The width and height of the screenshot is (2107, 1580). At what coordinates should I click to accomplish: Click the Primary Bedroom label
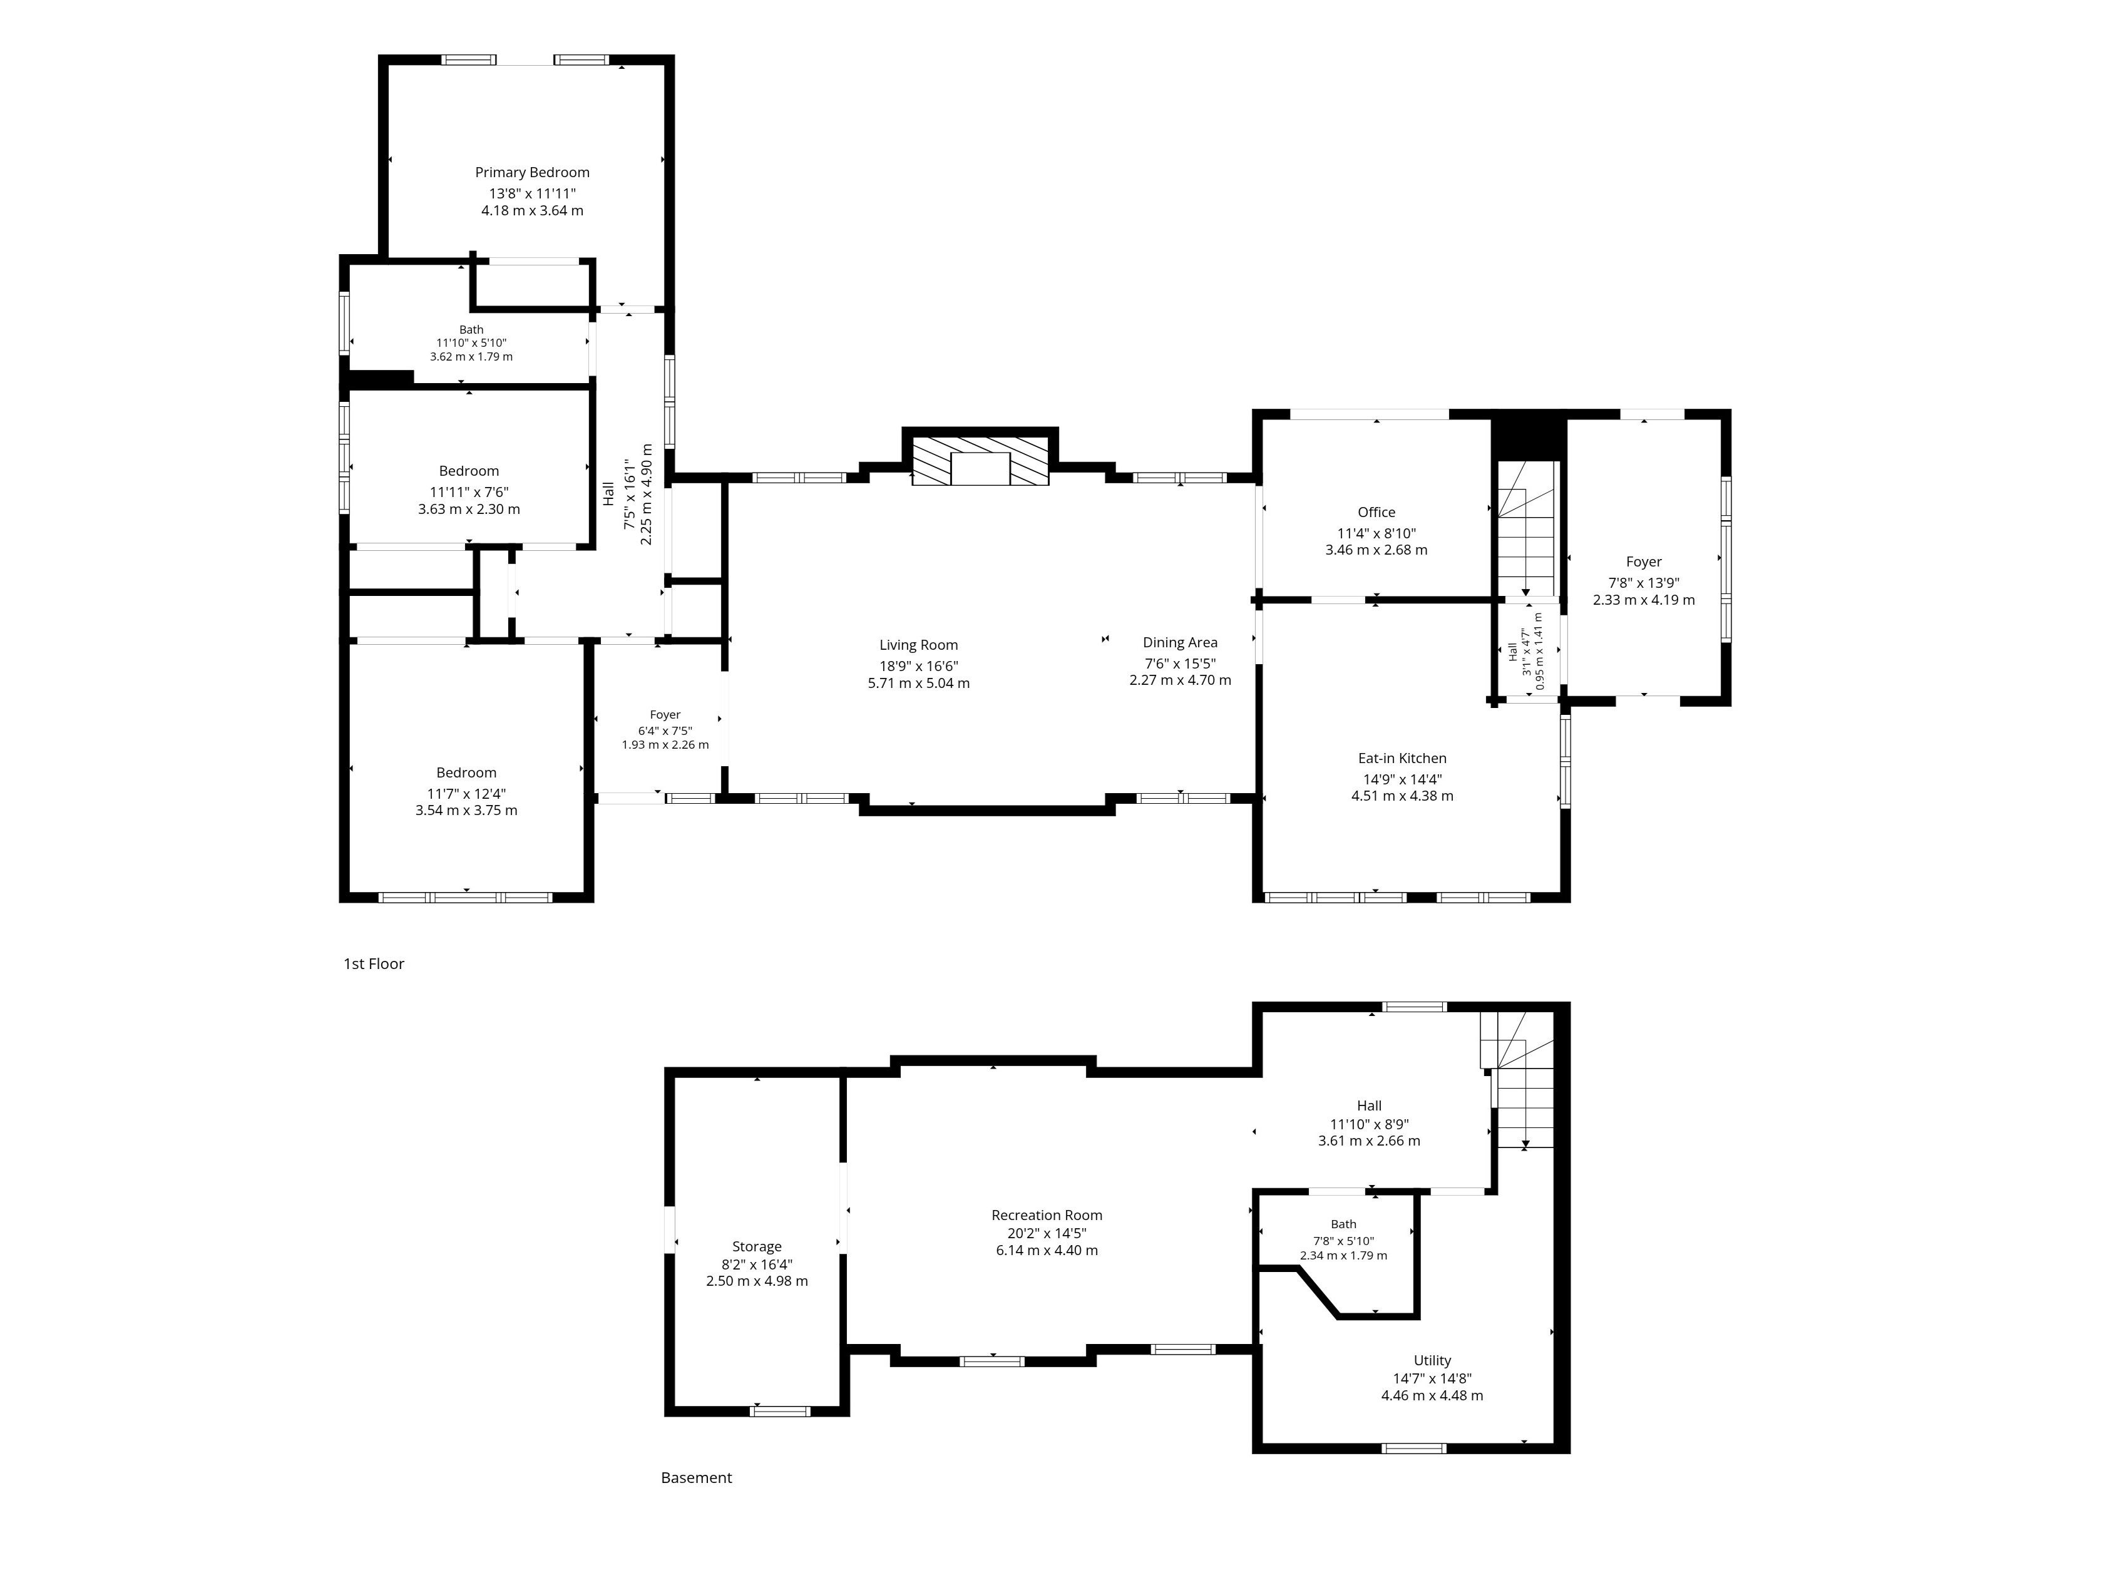click(533, 172)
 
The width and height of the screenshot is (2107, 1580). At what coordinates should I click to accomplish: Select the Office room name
click(1376, 513)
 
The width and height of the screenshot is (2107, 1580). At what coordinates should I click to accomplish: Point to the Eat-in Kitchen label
click(1402, 758)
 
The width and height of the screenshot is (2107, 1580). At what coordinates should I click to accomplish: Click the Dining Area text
click(1180, 643)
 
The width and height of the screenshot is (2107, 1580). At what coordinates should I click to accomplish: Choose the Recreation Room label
click(1047, 1215)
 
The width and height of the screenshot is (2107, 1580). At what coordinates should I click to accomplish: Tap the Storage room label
click(757, 1247)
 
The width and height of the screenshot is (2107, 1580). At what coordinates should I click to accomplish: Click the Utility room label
click(1433, 1361)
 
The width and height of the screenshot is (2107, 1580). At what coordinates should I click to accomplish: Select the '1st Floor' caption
click(374, 964)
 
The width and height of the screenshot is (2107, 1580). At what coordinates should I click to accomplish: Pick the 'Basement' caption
click(696, 1478)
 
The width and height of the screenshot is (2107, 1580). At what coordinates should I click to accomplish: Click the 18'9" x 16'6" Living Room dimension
click(919, 667)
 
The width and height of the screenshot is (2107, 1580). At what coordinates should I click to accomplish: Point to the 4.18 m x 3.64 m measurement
click(533, 210)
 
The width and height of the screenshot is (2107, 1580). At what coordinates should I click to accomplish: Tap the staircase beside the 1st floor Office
click(1526, 530)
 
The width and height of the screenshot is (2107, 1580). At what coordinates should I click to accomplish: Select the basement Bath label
click(1344, 1225)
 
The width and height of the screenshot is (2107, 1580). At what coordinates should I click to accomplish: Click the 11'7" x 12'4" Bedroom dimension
click(467, 793)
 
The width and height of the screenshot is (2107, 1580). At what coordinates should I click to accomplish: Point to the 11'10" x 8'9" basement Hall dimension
click(1370, 1124)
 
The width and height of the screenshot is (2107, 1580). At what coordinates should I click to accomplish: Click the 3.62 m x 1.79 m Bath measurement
click(471, 357)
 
